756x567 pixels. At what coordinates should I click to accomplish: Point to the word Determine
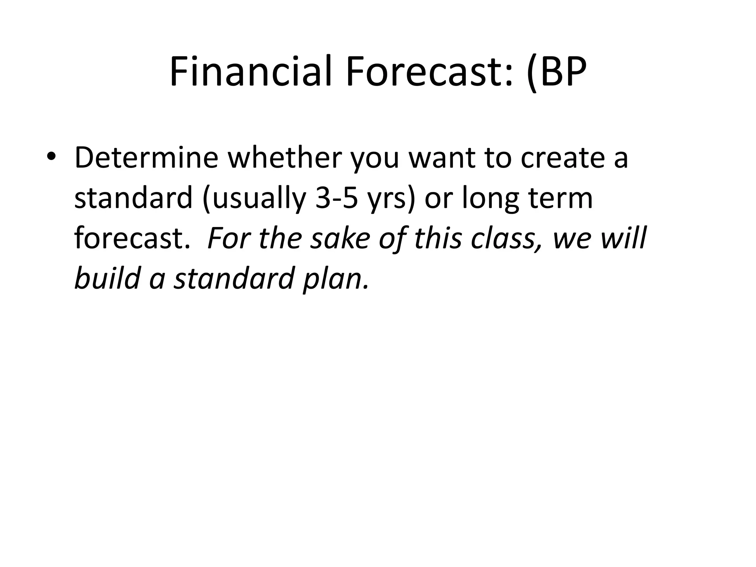(146, 158)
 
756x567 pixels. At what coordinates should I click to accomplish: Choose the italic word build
(107, 278)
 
